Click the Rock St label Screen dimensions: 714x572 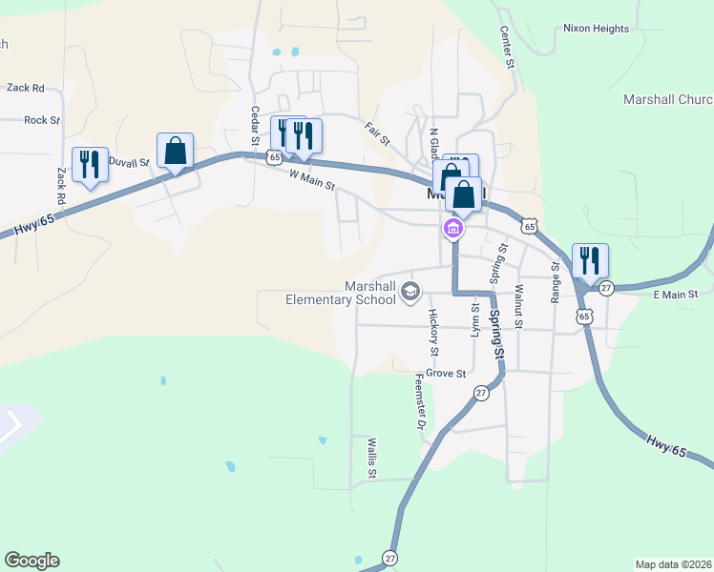coord(42,120)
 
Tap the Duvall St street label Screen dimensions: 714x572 coord(131,162)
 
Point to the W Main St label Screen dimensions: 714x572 coord(313,178)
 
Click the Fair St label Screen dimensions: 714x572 coord(378,133)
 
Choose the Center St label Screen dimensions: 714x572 coord(508,47)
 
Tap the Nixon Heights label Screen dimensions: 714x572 coord(596,29)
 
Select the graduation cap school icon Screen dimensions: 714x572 coord(410,291)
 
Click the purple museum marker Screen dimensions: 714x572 coord(452,229)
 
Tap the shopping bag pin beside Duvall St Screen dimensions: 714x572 coord(175,151)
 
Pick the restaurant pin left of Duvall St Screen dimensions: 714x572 coord(90,164)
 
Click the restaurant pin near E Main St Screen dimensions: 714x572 coord(590,260)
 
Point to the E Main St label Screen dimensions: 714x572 coord(676,295)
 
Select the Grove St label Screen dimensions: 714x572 coord(446,373)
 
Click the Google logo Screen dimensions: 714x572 coord(31,561)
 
